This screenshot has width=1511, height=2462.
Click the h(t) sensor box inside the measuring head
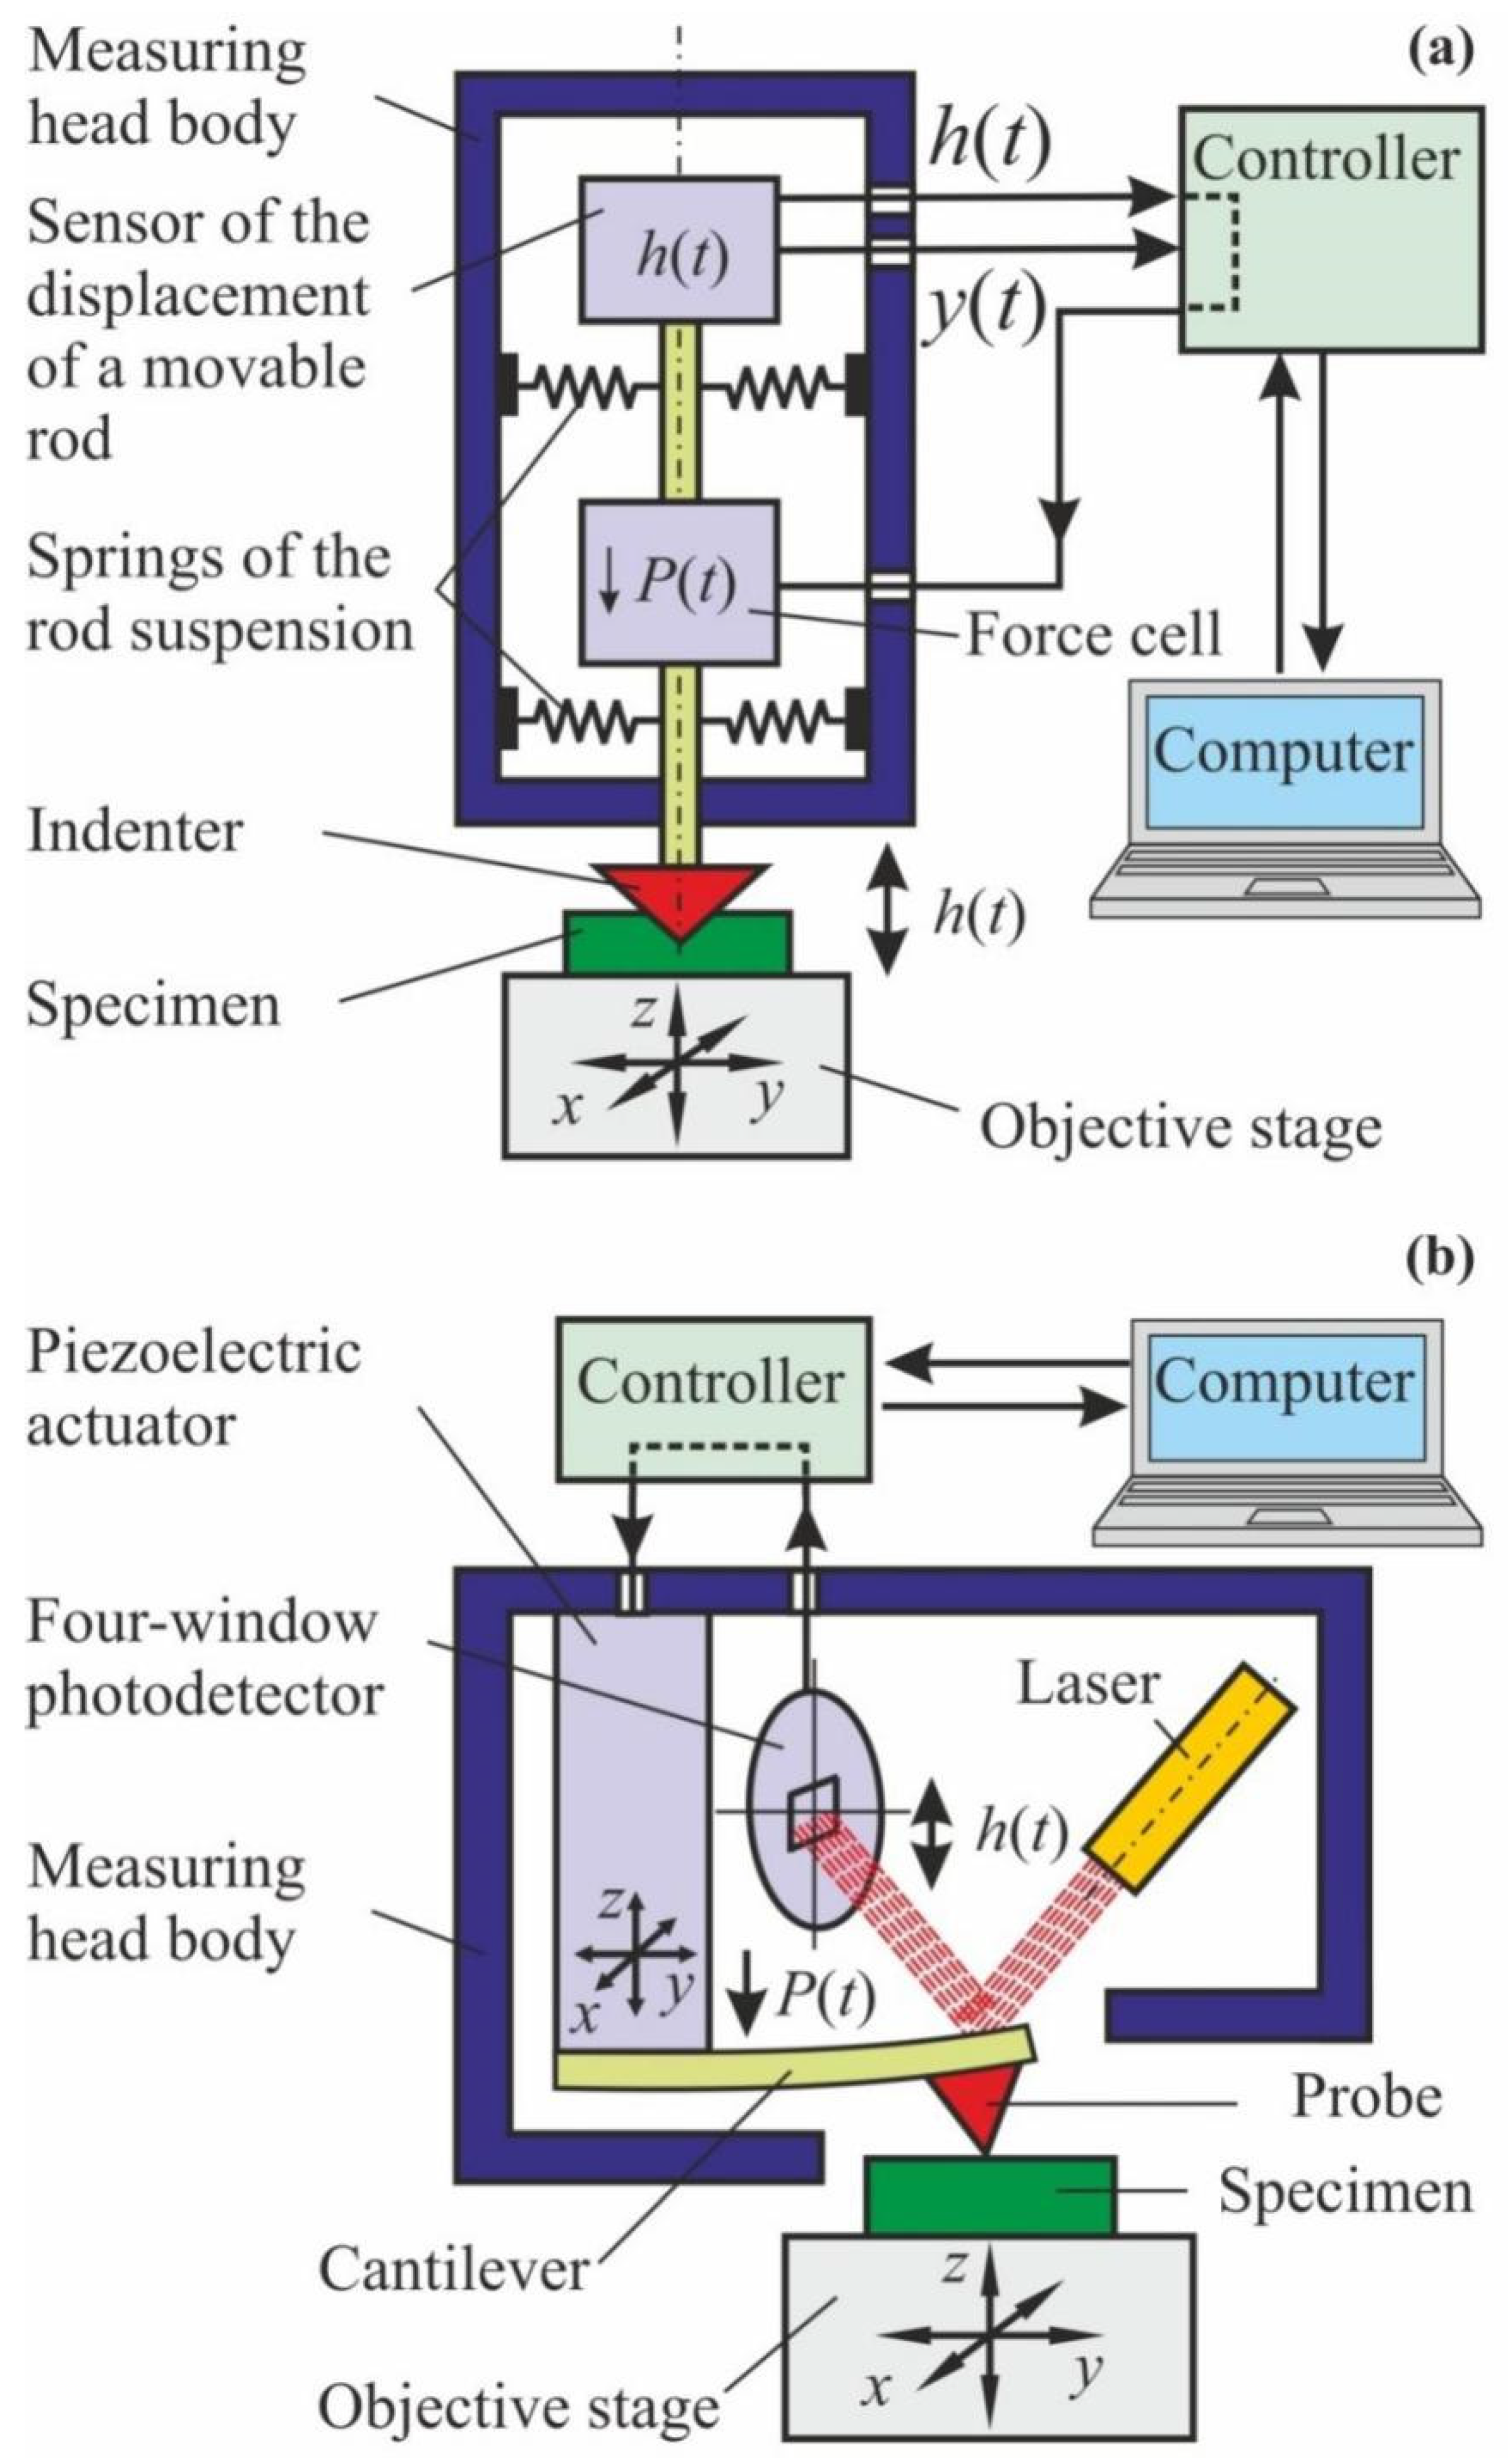(x=680, y=250)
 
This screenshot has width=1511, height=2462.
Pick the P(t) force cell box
(x=680, y=584)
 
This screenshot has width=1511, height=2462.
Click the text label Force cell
(x=1093, y=635)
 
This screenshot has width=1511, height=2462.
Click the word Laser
(x=1087, y=1685)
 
